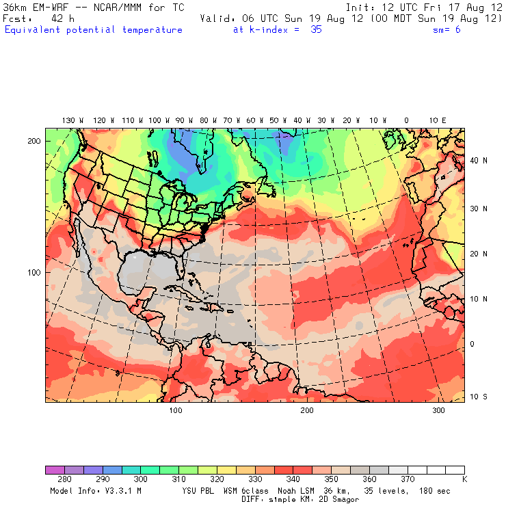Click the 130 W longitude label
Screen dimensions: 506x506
[x=68, y=120]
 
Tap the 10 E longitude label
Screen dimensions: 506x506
[x=438, y=120]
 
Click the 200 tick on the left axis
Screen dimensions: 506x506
[x=34, y=141]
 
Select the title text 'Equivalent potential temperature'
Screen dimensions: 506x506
[x=94, y=30]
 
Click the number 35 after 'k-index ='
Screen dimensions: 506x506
[x=315, y=30]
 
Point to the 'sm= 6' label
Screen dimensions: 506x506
[x=448, y=30]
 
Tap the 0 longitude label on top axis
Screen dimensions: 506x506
[x=406, y=120]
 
